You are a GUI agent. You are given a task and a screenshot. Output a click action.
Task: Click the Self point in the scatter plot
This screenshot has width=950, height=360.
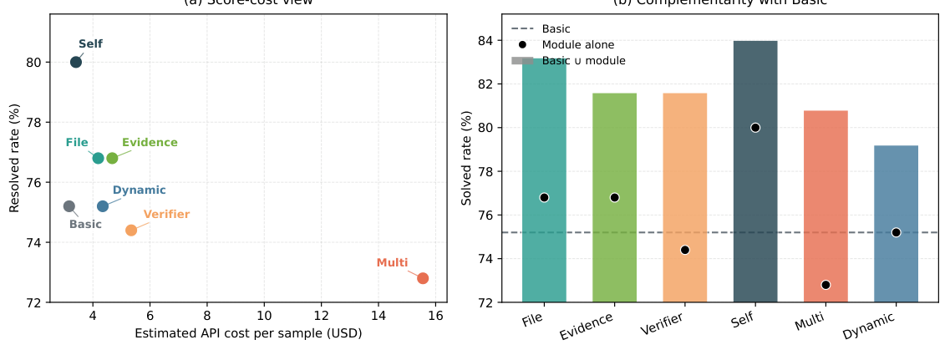pyautogui.click(x=76, y=62)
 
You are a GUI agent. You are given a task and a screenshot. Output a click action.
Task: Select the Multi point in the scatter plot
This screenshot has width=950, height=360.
pyautogui.click(x=423, y=278)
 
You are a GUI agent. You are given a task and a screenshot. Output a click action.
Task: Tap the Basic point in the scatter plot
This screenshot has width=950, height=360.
pyautogui.click(x=69, y=206)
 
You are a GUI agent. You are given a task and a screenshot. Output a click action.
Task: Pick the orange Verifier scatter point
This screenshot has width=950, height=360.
pyautogui.click(x=131, y=230)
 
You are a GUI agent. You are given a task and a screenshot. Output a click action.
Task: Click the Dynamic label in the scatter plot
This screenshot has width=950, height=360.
pyautogui.click(x=139, y=190)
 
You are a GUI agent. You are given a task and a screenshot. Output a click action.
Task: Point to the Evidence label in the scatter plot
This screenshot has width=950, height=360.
pyautogui.click(x=150, y=143)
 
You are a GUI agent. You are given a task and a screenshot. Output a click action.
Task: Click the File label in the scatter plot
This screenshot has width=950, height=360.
pyautogui.click(x=77, y=143)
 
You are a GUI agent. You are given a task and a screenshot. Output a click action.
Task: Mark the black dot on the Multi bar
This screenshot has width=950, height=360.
pyautogui.click(x=826, y=285)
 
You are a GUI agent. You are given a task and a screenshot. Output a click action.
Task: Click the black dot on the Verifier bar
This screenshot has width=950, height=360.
pyautogui.click(x=685, y=250)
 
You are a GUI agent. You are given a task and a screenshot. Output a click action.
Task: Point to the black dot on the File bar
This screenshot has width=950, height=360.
pyautogui.click(x=544, y=198)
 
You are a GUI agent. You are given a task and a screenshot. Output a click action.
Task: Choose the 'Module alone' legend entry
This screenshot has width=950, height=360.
pyautogui.click(x=577, y=45)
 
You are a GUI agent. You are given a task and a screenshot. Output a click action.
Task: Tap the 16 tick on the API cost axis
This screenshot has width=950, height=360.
pyautogui.click(x=435, y=317)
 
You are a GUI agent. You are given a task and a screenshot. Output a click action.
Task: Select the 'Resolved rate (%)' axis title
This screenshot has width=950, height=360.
pyautogui.click(x=15, y=158)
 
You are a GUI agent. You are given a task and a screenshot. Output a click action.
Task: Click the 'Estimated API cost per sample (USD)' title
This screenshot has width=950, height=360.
pyautogui.click(x=248, y=333)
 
